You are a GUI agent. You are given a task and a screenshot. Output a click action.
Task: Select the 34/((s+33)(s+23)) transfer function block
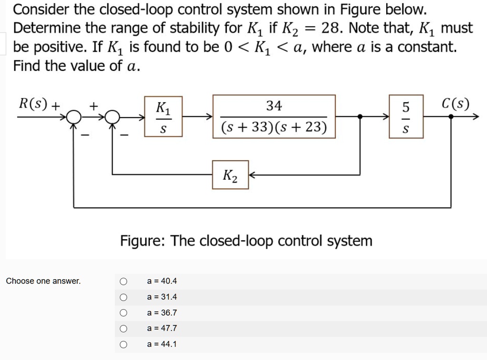coord(274,117)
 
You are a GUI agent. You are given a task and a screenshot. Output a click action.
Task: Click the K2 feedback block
coord(230,175)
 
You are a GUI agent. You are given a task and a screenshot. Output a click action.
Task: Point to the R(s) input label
coord(33,103)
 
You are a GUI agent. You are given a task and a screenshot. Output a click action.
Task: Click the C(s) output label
coord(455,103)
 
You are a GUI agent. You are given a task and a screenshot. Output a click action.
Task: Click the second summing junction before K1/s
coord(112,117)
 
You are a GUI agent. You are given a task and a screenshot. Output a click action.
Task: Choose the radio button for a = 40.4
coord(124,282)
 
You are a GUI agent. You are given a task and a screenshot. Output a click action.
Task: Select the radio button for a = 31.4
coord(124,297)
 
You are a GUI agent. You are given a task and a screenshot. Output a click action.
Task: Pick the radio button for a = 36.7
coord(124,313)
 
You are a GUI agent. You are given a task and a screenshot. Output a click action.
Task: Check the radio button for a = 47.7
coord(124,329)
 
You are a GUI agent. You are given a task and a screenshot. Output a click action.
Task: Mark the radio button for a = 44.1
coord(124,344)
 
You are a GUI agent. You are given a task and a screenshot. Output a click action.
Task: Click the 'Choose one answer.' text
coord(43,281)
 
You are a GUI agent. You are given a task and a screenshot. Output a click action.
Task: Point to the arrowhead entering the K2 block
coord(253,175)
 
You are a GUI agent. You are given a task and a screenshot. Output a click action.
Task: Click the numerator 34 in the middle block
coord(274,106)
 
